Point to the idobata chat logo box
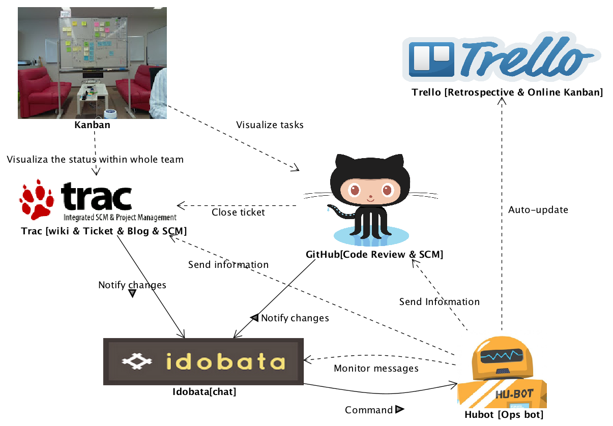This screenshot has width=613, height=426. pos(203,361)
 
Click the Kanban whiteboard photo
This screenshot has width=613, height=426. pos(92,63)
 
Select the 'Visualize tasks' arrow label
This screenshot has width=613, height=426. pos(270,125)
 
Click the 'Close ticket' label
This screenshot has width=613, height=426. pos(238,212)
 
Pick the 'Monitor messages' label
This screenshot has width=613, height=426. pos(376,369)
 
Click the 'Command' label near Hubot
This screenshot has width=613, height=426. pos(369,410)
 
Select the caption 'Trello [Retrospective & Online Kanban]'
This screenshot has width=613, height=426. pos(507,93)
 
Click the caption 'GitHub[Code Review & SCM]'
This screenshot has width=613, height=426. pos(374,254)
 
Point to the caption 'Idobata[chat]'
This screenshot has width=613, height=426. pos(205,392)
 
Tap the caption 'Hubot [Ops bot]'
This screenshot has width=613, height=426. pos(504,415)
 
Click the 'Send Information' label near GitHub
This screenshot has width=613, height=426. pos(439,302)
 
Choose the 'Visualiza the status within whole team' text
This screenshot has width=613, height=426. pos(95,160)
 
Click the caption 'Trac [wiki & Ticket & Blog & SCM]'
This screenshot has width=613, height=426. pos(104,231)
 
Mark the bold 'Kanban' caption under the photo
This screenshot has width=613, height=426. pos(93,125)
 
